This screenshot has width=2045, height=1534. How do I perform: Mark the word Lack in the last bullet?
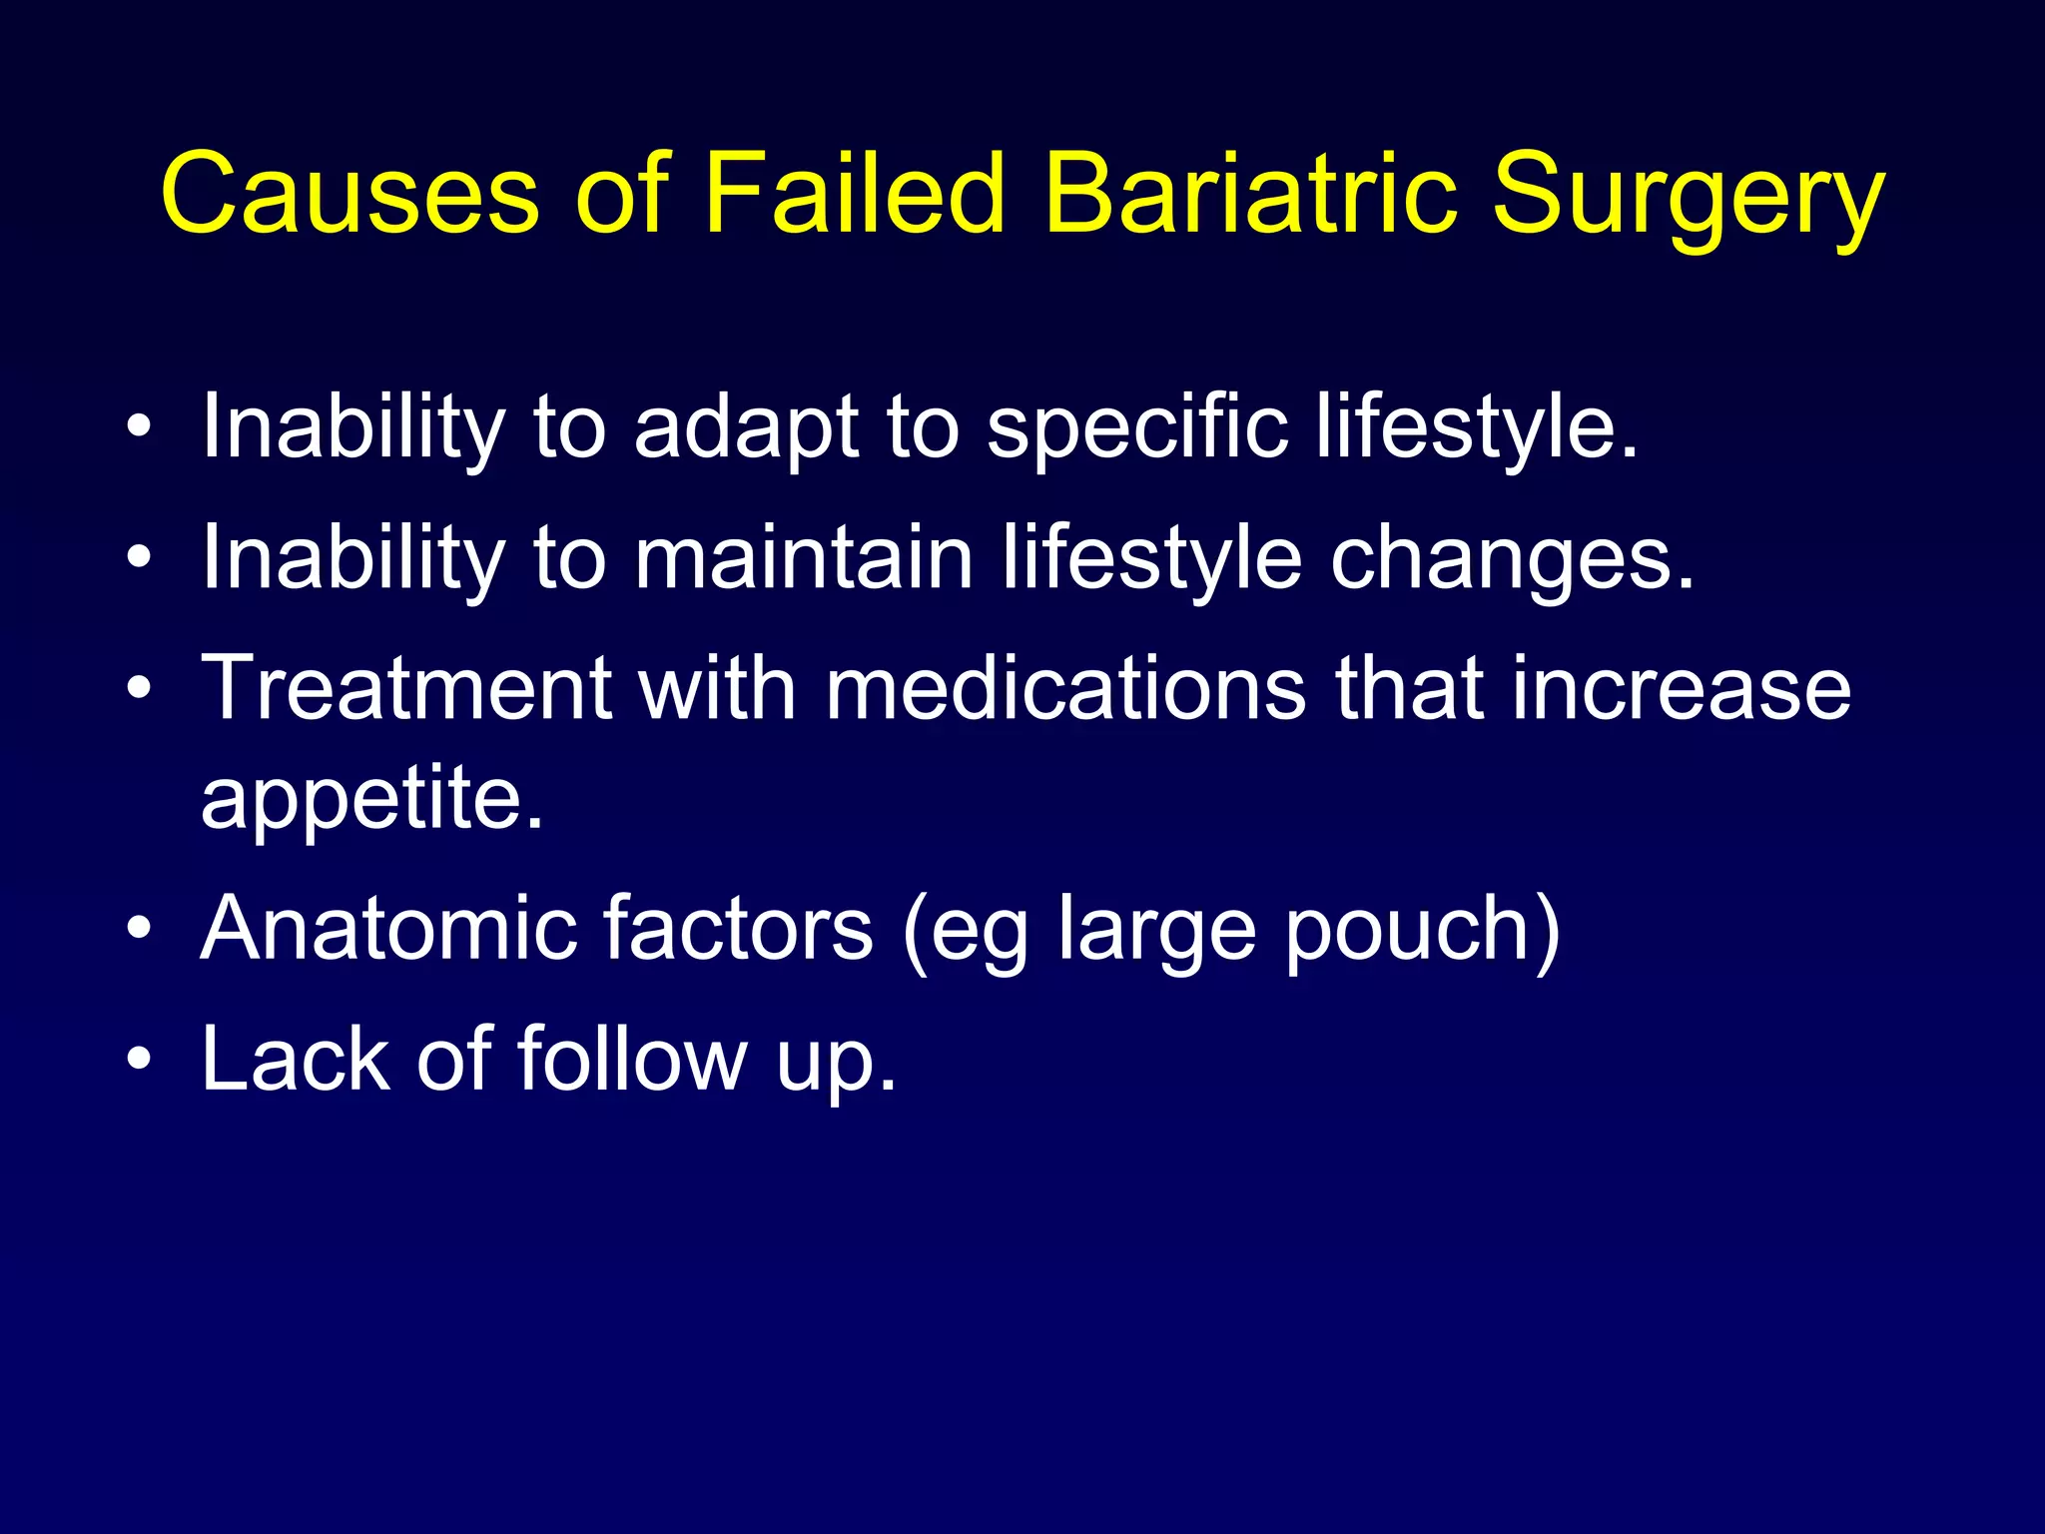pos(296,1059)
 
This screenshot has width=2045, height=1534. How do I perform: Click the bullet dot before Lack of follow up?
pos(140,1060)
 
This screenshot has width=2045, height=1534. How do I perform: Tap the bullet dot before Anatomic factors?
pos(140,930)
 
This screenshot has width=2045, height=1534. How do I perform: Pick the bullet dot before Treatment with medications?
pos(140,688)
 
